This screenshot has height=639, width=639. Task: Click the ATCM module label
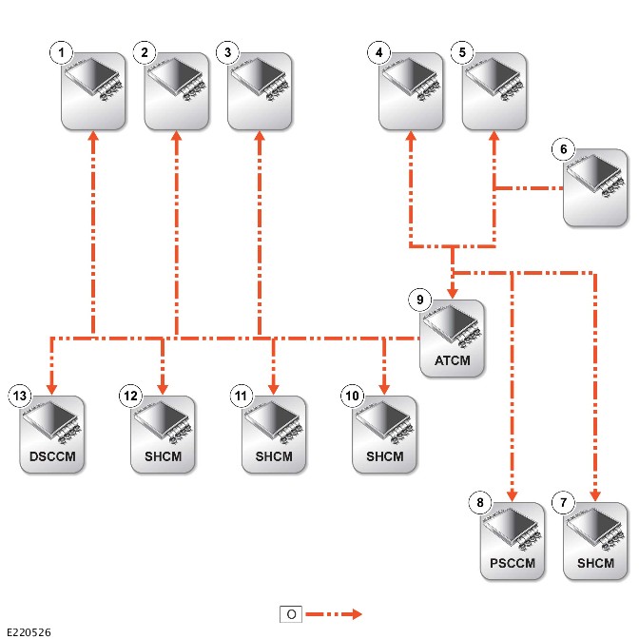(x=453, y=360)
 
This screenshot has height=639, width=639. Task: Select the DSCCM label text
(x=52, y=456)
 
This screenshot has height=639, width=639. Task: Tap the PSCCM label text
(x=513, y=563)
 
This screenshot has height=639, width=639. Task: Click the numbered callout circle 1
(x=61, y=52)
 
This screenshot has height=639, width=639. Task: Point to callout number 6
(x=563, y=149)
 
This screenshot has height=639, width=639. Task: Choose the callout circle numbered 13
(x=20, y=396)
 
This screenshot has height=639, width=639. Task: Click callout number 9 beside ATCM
(x=419, y=300)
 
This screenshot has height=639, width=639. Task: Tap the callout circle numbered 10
(x=352, y=396)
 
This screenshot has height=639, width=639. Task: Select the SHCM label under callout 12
(x=163, y=456)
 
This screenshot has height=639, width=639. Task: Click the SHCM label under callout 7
(x=595, y=563)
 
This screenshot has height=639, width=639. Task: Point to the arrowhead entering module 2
(x=177, y=136)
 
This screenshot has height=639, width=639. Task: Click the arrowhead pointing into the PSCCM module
(x=513, y=495)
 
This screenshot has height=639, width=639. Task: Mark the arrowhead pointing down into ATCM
(x=453, y=293)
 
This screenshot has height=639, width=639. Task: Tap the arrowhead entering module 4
(x=411, y=136)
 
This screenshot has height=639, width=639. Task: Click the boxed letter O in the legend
(x=291, y=614)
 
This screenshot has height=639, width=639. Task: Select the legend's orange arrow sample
(x=334, y=614)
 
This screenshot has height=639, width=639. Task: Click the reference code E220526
(x=29, y=632)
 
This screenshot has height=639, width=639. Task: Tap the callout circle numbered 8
(x=480, y=502)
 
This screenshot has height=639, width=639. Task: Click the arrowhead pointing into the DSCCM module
(x=51, y=389)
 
